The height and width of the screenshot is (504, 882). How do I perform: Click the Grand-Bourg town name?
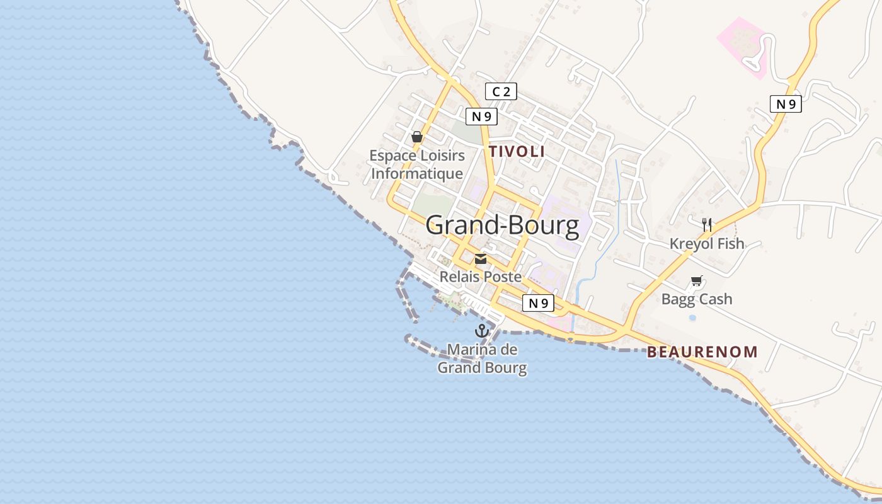tap(502, 226)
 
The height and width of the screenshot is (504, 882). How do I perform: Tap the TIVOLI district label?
tap(517, 151)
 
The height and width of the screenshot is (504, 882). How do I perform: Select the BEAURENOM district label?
tap(702, 352)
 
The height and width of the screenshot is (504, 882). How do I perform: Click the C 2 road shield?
tap(501, 92)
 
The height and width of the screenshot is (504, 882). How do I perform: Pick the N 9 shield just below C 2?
tap(481, 116)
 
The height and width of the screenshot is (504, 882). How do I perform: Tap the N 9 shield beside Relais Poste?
tap(538, 303)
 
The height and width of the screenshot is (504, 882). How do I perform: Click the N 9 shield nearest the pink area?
tap(786, 104)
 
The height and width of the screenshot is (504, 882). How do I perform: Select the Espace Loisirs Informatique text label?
tap(417, 164)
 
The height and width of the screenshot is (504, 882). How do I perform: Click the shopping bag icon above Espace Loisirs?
tap(416, 137)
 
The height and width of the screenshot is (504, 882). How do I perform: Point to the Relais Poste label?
tap(481, 277)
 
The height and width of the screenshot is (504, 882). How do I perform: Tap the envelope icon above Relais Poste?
tap(481, 259)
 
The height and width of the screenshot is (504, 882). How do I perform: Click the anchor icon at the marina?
tap(482, 331)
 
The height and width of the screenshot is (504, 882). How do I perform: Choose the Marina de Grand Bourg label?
tap(482, 358)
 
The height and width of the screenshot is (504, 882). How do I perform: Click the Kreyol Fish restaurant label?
tap(707, 244)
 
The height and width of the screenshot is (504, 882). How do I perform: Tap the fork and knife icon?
tap(707, 224)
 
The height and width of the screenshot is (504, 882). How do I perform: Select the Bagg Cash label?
tap(697, 299)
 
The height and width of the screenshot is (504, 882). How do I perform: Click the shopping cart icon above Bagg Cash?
tap(696, 281)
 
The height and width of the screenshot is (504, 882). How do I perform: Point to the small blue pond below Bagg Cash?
tap(692, 318)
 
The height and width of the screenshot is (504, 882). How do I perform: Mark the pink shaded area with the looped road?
tap(743, 44)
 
